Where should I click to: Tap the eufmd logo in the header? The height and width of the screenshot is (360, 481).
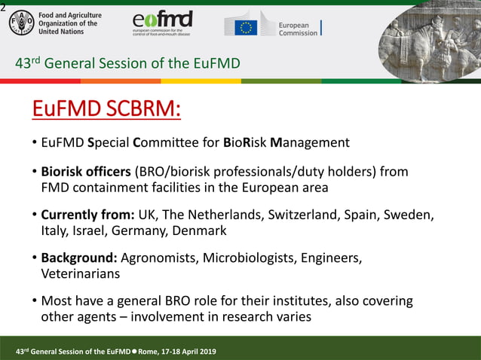161,23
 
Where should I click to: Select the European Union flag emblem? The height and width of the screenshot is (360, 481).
245,28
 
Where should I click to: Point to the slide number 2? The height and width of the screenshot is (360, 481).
3,7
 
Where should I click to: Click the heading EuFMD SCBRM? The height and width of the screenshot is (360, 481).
106,109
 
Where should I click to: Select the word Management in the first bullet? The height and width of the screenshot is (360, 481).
310,142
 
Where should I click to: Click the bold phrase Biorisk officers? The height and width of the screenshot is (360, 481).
85,172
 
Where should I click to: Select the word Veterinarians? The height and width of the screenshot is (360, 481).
80,274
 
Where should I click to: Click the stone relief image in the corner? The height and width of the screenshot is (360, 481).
429,41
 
